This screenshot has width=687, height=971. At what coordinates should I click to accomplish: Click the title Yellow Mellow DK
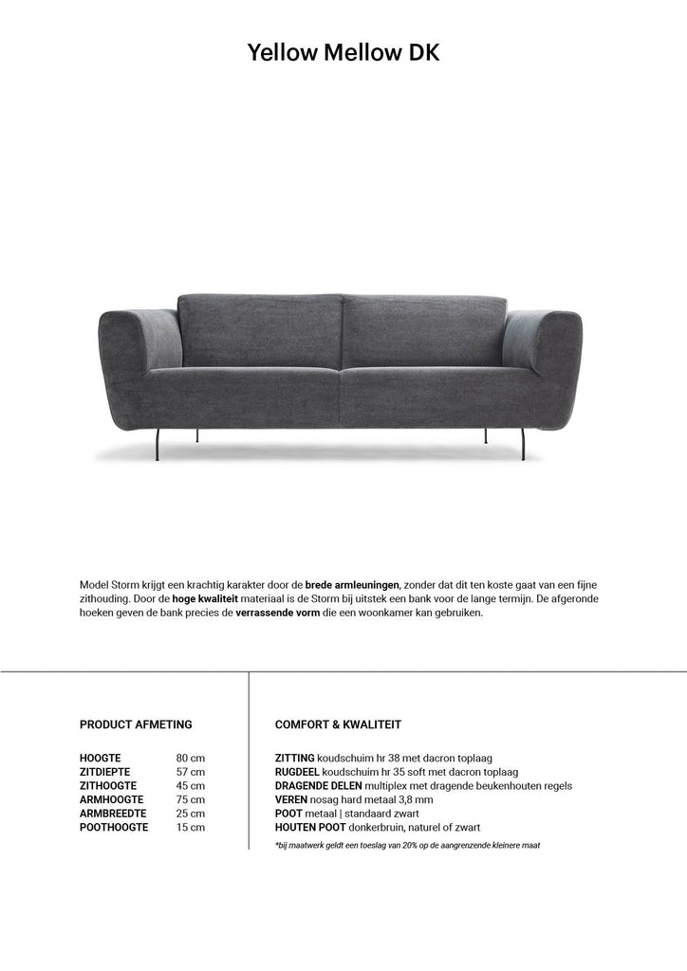[x=343, y=53]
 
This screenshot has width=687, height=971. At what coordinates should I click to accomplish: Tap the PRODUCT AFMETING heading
[x=136, y=724]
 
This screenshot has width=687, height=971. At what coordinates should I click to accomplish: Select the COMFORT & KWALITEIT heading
[x=338, y=724]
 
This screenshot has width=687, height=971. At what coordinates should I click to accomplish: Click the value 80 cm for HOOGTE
[x=190, y=759]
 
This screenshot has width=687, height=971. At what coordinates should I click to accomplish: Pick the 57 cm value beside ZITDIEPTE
[x=190, y=772]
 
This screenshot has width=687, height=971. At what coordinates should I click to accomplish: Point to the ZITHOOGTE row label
[x=108, y=786]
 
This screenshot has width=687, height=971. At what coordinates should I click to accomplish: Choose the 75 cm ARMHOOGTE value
[x=190, y=799]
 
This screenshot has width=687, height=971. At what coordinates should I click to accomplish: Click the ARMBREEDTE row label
[x=113, y=814]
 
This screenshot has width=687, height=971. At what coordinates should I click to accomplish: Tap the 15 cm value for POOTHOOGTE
[x=190, y=827]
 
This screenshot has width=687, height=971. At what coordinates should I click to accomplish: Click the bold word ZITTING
[x=294, y=759]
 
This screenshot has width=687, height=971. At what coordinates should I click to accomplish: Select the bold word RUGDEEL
[x=297, y=772]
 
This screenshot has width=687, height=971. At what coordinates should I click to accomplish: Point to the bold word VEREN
[x=290, y=799]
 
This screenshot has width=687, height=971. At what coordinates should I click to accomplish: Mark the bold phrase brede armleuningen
[x=353, y=584]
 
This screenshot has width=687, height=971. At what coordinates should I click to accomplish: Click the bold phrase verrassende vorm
[x=278, y=613]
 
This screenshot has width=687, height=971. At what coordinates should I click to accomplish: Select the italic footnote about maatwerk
[x=407, y=845]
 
